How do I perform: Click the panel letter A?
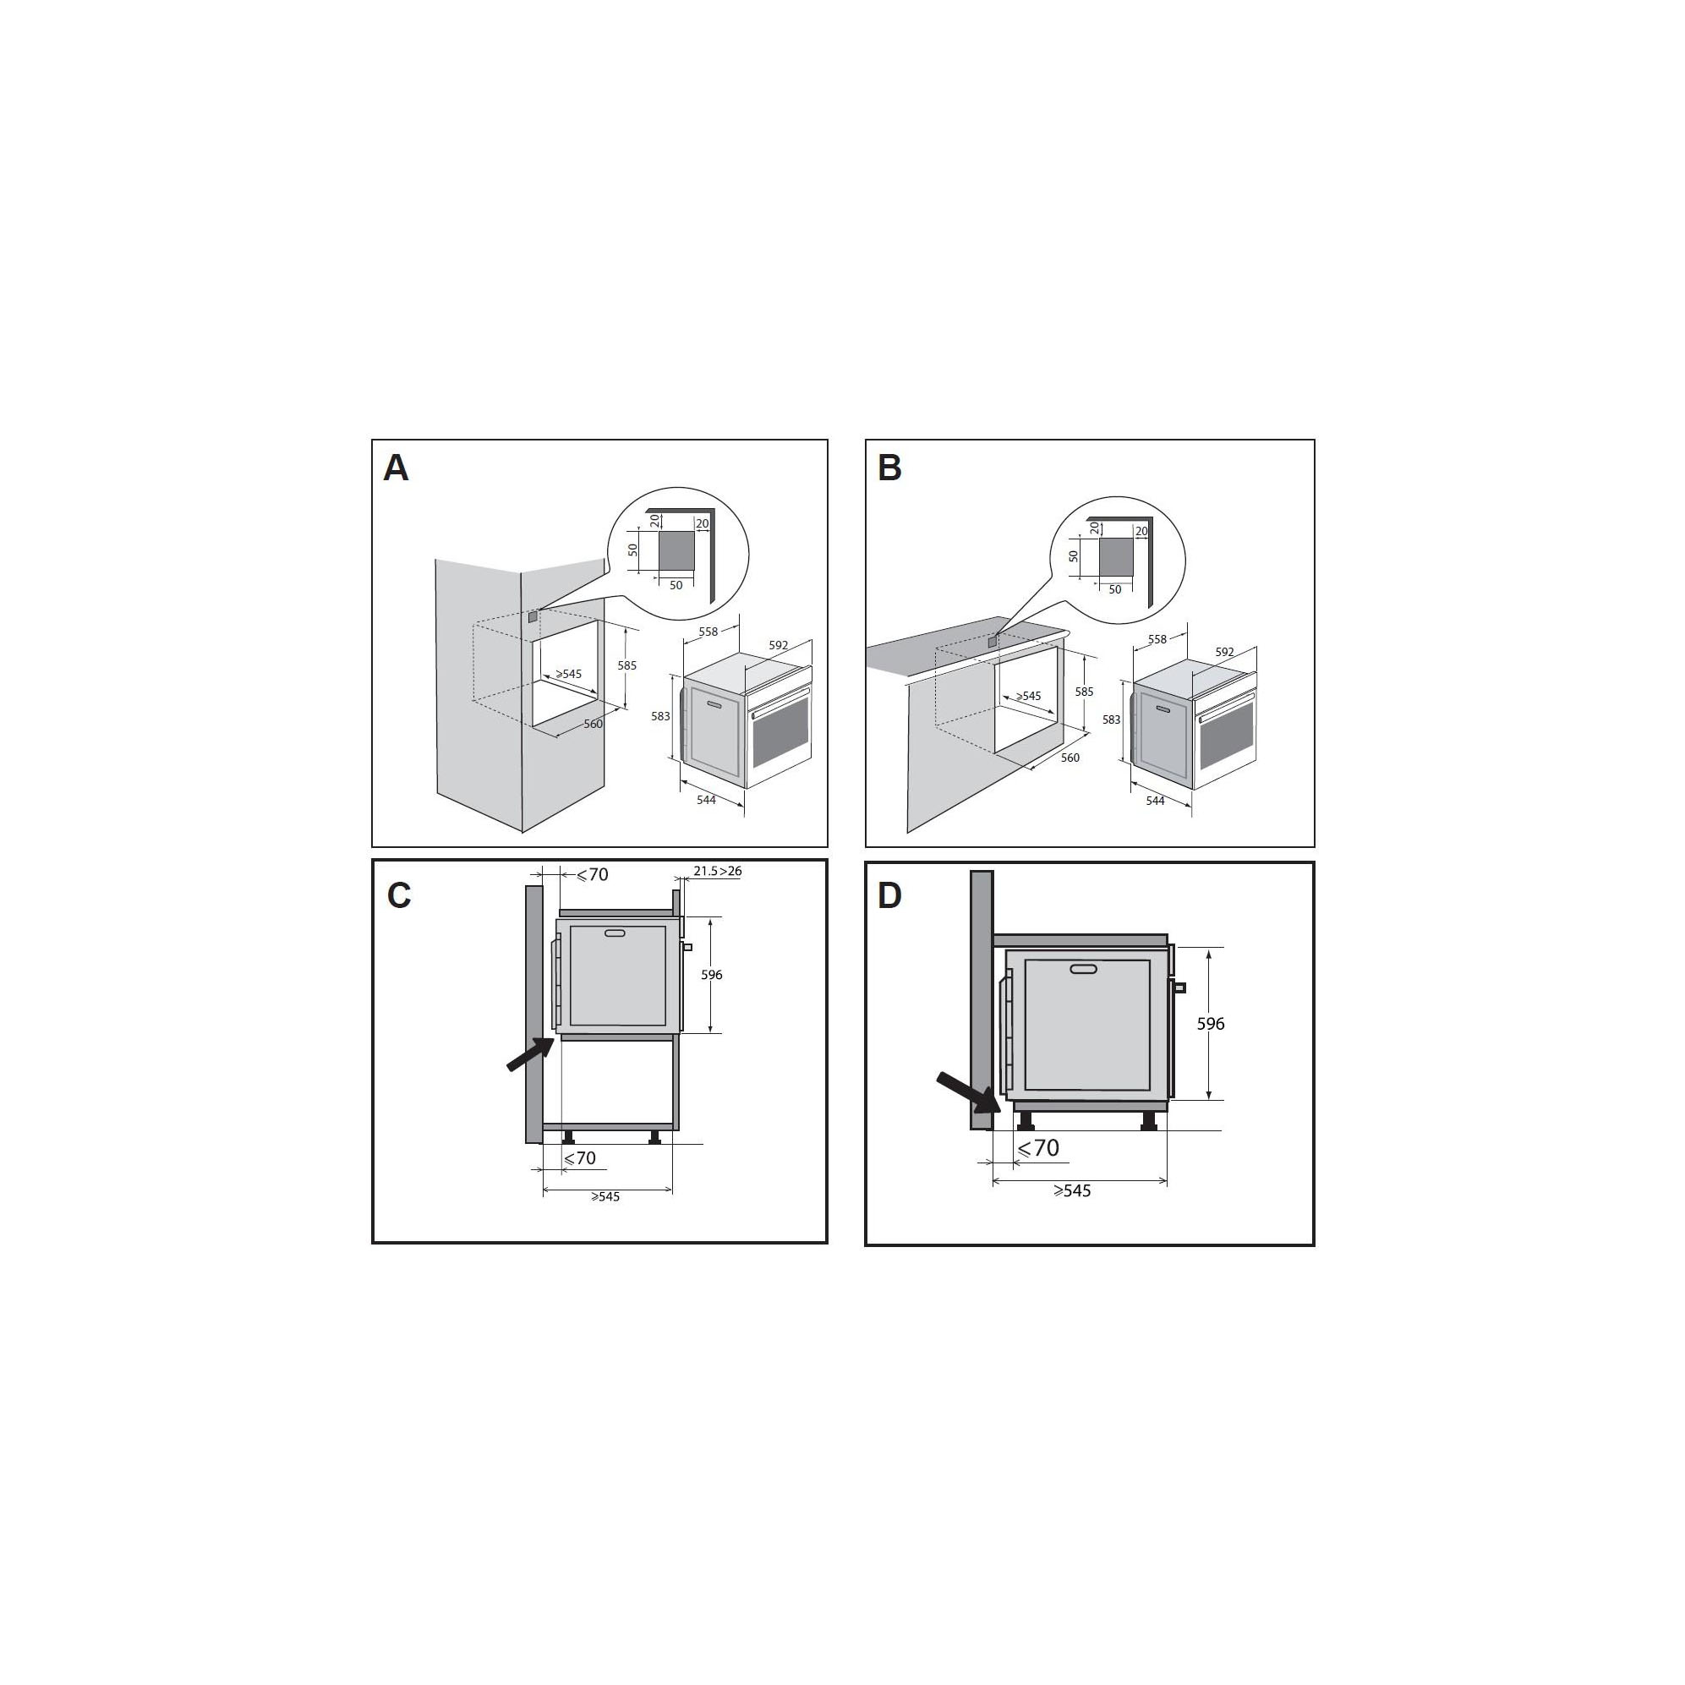pos(396,468)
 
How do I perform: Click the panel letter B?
pos(889,468)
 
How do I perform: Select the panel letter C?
pos(398,895)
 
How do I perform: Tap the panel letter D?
pos(889,895)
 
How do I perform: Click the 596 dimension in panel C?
pos(712,975)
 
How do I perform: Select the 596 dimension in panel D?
pos(1211,1024)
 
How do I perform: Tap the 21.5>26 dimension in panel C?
pos(718,871)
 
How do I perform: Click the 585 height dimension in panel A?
pos(627,665)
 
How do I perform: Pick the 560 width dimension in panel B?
pos(1070,758)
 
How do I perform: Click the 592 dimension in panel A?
pos(779,645)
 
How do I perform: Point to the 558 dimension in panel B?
pos(1157,639)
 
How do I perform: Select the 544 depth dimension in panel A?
pos(707,800)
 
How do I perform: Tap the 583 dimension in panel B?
pos(1111,719)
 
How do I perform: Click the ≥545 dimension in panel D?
pos(1072,1191)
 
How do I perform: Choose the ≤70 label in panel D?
pos(1038,1149)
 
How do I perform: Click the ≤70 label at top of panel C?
pos(592,875)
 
